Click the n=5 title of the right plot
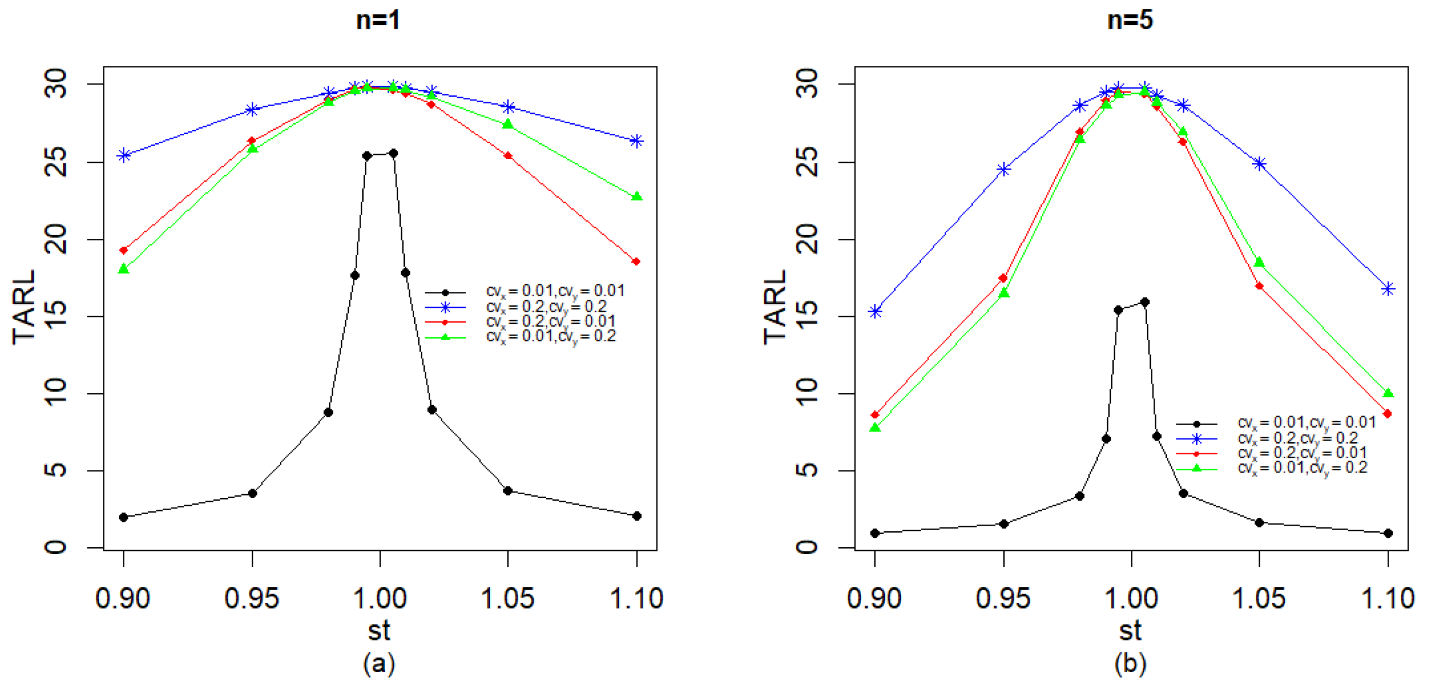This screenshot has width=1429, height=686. click(x=1129, y=20)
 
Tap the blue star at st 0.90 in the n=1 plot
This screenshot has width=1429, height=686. click(x=124, y=155)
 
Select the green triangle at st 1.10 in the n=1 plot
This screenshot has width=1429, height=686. click(x=637, y=196)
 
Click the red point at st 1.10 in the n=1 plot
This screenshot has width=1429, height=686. click(x=637, y=261)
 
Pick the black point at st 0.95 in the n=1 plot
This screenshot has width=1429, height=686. click(x=252, y=493)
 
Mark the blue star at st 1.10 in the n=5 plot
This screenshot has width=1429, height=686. click(x=1388, y=289)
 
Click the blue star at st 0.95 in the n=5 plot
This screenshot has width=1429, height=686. click(x=1004, y=169)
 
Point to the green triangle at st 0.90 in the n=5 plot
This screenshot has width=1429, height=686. click(x=875, y=427)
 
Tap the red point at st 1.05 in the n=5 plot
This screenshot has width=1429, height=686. click(x=1259, y=286)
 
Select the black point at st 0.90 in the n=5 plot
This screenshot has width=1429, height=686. click(x=875, y=533)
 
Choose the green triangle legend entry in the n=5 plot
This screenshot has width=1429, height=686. click(x=1276, y=468)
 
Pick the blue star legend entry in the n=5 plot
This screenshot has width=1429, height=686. click(x=1276, y=439)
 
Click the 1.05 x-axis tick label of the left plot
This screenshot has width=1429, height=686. click(x=507, y=598)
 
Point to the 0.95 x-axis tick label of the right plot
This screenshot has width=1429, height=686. click(x=1003, y=598)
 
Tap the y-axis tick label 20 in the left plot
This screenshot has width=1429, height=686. click(x=55, y=239)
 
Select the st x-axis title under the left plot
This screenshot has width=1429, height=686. click(x=379, y=631)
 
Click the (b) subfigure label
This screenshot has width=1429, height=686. click(x=1130, y=663)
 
